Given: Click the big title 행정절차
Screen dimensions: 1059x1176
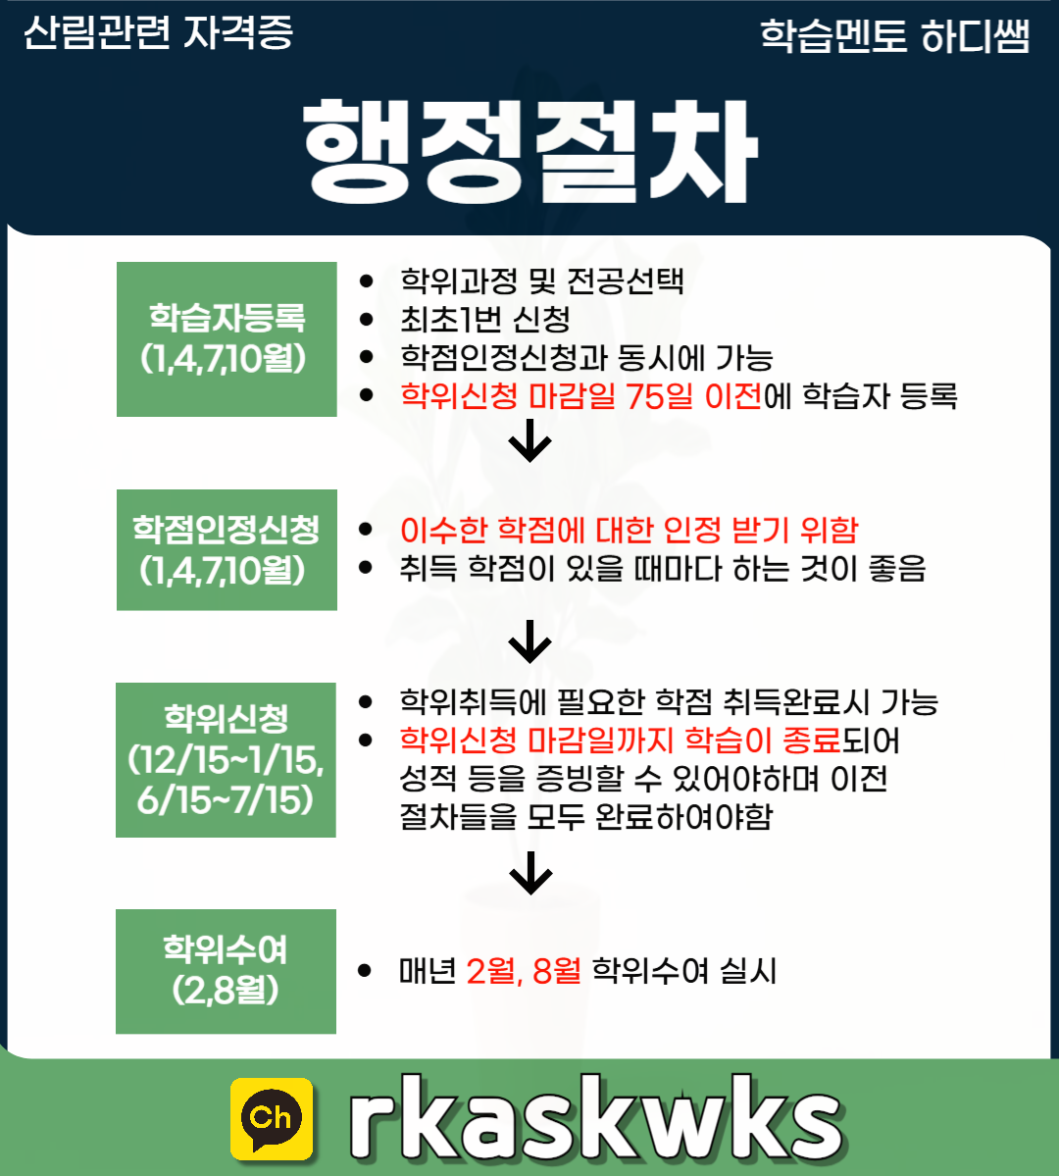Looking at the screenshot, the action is pos(530,151).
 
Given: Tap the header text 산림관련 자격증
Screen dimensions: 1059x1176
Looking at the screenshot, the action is pos(158,32).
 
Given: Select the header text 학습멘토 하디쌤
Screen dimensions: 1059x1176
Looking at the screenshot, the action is pos(895,36).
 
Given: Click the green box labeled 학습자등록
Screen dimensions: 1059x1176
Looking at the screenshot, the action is pos(227,339).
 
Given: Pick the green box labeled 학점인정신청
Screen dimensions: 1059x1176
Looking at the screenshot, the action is pos(227,550).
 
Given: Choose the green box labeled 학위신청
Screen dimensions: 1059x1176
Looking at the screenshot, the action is pos(226,760).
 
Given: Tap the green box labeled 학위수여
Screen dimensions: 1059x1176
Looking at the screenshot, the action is pos(226,971).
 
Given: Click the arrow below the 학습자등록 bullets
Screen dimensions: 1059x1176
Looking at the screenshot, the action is pos(530,440).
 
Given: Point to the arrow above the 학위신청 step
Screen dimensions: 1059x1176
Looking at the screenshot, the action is pos(530,641).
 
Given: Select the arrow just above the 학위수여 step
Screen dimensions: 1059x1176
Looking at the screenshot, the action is pos(530,873).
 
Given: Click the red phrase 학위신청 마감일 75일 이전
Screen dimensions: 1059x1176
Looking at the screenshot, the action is pos(581,396).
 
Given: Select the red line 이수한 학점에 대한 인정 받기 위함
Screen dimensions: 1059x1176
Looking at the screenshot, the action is pos(630,531).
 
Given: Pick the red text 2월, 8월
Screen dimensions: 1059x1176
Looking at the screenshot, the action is pos(524,971).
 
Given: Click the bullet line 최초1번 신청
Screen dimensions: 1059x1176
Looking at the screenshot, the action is pos(485,320).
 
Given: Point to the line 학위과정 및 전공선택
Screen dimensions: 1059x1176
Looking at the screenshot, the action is pos(541,281).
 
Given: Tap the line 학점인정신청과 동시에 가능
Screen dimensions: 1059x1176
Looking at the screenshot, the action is pos(586,358).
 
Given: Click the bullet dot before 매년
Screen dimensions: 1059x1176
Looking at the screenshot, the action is pos(365,971).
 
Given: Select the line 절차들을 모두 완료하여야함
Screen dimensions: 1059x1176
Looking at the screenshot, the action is pos(585,817).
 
